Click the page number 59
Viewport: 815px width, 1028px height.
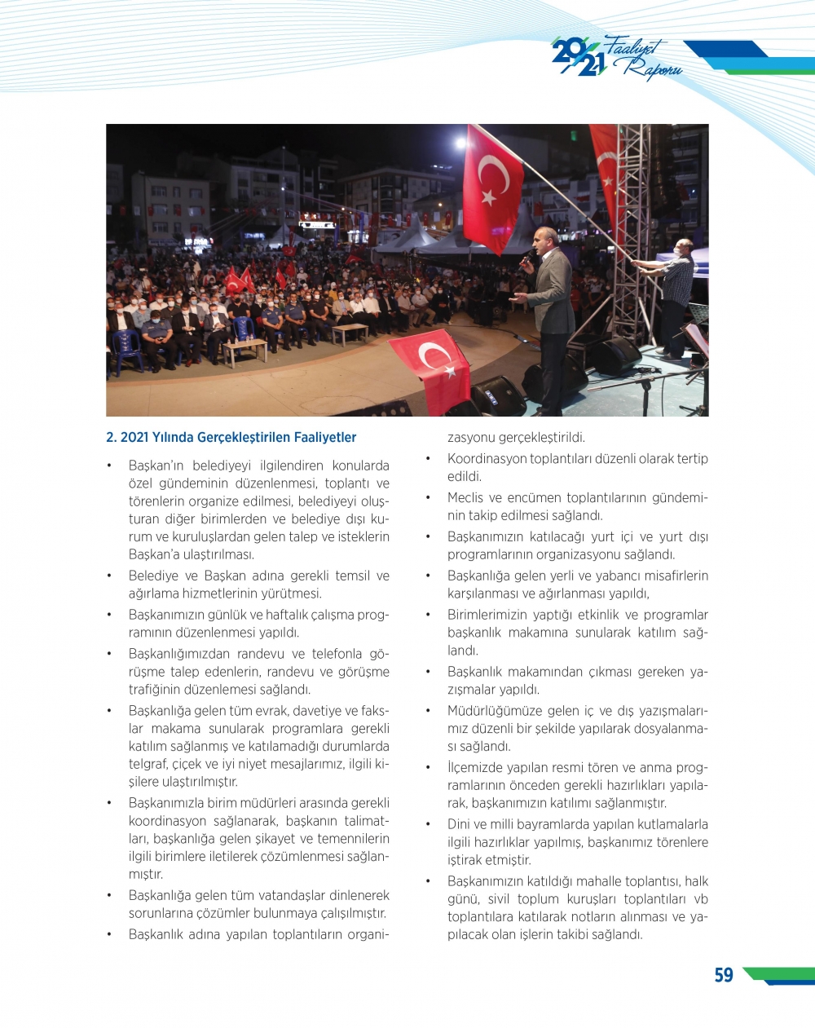[x=723, y=975]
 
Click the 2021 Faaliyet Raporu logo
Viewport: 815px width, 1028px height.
[x=616, y=58]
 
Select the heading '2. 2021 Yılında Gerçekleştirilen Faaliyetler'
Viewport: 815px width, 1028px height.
[x=231, y=438]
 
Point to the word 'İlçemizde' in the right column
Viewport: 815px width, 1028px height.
[x=476, y=768]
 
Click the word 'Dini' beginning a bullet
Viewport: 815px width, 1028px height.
[x=460, y=825]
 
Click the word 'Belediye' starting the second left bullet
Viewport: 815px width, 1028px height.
[x=152, y=576]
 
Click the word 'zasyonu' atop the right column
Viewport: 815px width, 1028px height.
[x=470, y=438]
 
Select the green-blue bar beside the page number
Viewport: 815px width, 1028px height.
[x=778, y=975]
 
